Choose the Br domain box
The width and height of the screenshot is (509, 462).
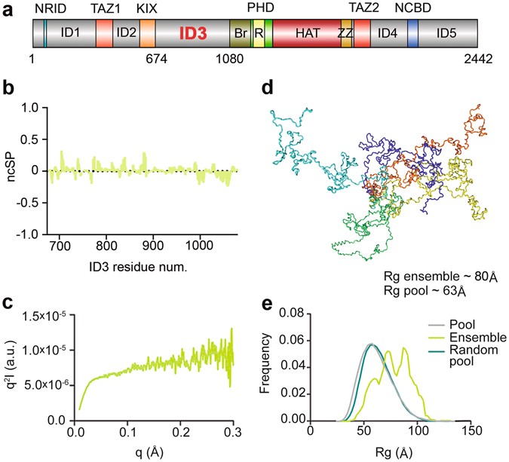coord(241,34)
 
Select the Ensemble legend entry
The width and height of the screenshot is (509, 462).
coord(464,337)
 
